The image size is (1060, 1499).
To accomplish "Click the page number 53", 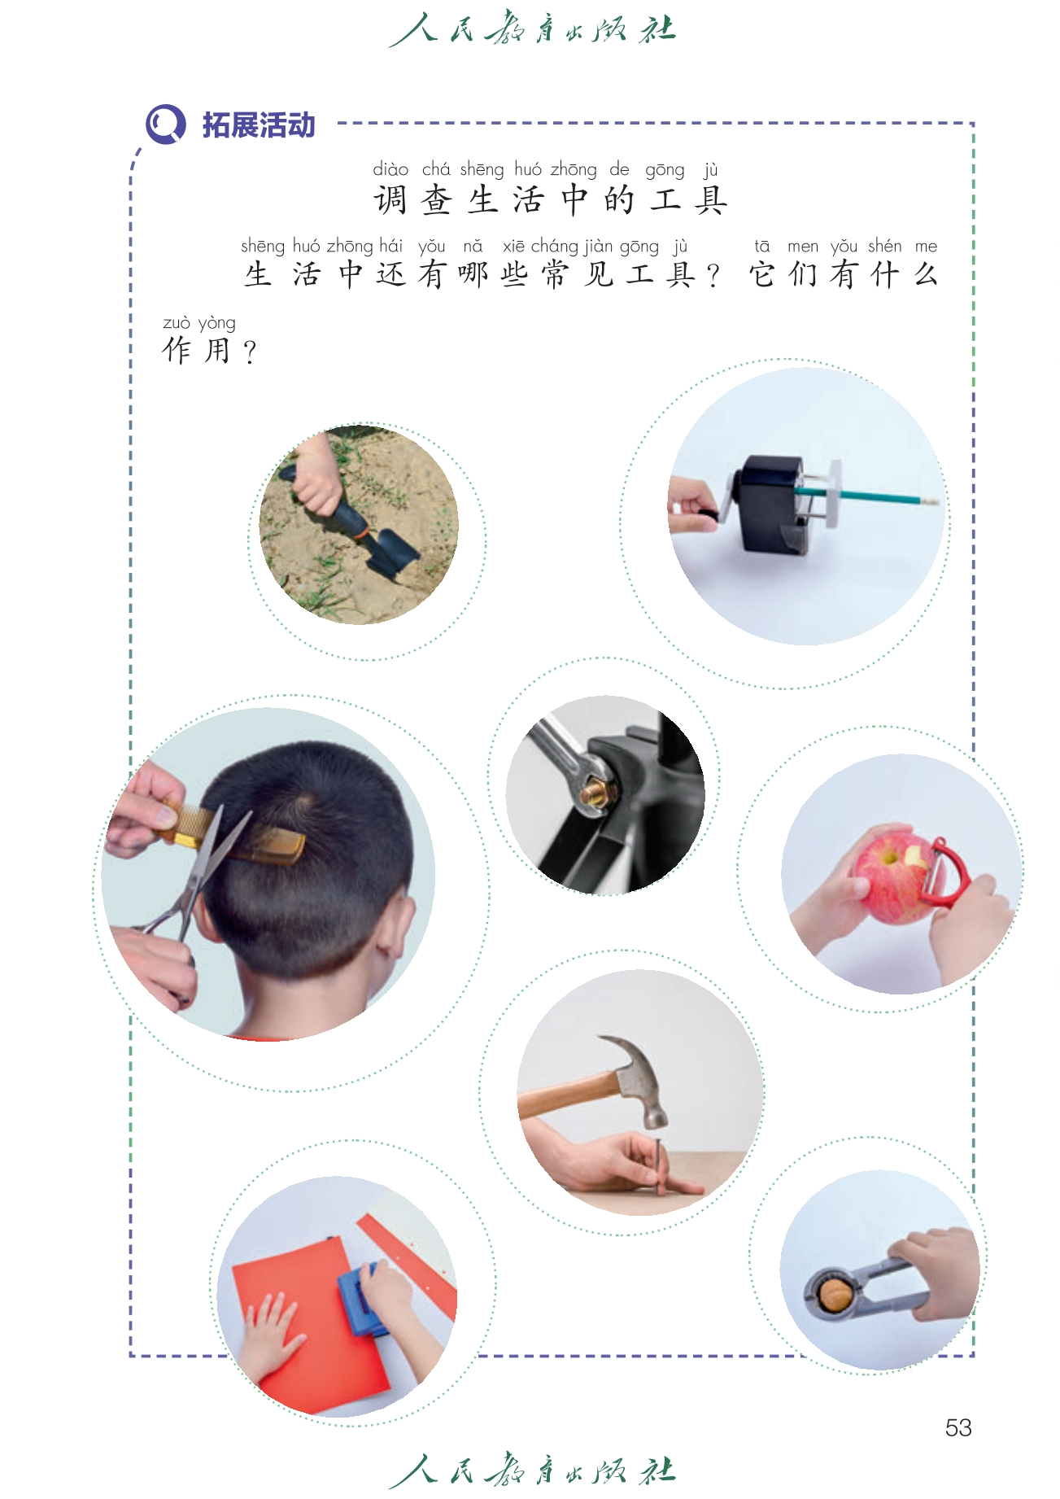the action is coord(958,1427).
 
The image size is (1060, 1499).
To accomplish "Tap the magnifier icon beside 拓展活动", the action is coord(166,125).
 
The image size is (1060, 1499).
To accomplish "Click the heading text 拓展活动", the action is coord(259,125).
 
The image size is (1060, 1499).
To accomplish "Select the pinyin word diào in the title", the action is coord(390,169).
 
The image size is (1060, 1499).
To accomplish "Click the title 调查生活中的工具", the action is coord(551,200).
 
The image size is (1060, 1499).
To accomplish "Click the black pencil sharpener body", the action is coord(770,504).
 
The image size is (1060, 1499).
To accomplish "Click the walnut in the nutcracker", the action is coord(836,1294).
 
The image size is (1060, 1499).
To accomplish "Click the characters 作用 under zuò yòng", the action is coord(197,351).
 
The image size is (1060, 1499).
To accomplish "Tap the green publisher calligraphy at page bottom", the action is coord(532,1470).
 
